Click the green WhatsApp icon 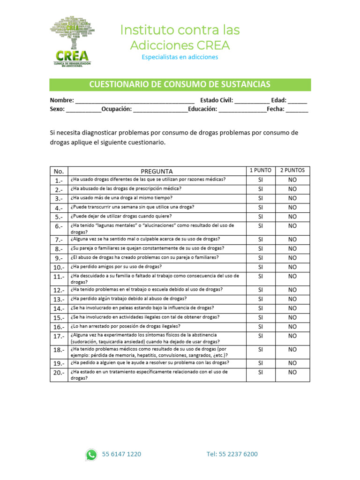tap(91, 454)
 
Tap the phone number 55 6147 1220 tap(121, 454)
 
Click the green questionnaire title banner tap(180, 84)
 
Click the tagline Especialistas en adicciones tap(180, 57)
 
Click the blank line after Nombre tap(135, 100)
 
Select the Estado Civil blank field tap(252, 100)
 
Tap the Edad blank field tap(298, 100)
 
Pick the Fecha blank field tap(297, 109)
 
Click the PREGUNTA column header tap(157, 171)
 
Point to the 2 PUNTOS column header tap(292, 171)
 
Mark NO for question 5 tap(292, 217)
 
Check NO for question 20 tap(292, 372)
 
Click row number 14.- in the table tap(59, 308)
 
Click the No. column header tap(59, 171)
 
